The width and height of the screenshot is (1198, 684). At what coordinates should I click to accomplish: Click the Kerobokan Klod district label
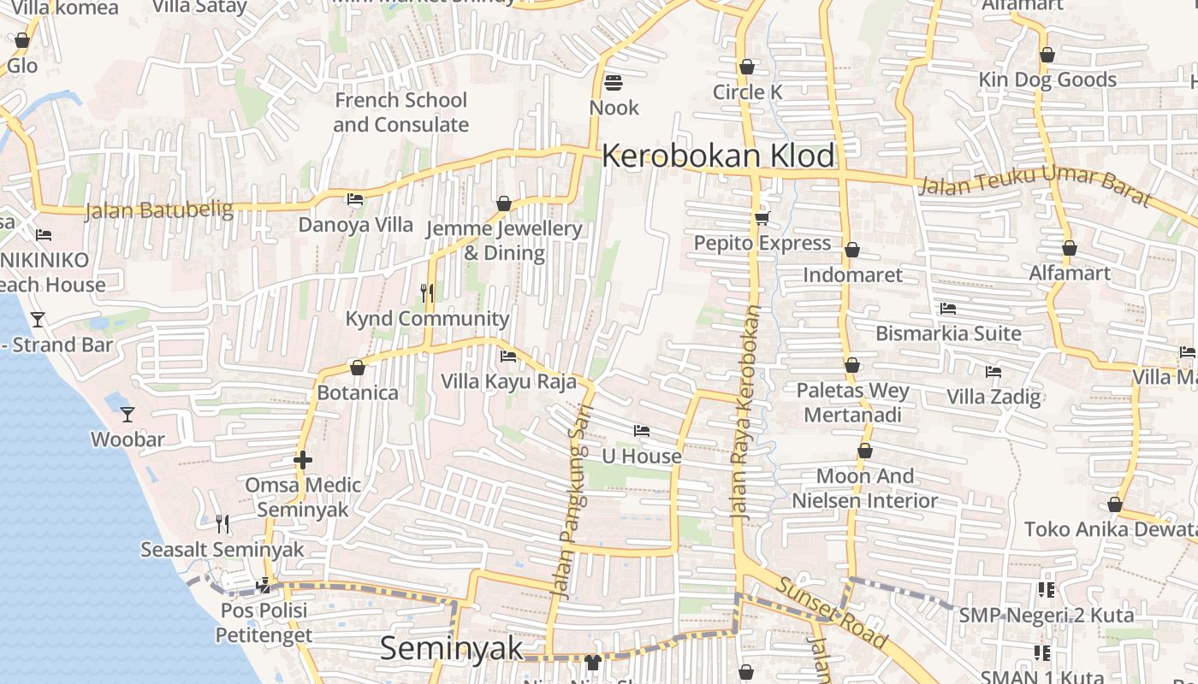click(718, 156)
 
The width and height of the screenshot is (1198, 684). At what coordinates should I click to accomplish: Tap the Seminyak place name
click(451, 648)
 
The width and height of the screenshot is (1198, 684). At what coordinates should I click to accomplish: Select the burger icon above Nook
click(613, 83)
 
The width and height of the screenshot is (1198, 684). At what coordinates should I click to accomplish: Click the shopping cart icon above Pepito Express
click(762, 218)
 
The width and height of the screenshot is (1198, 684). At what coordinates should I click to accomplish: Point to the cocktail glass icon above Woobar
click(128, 415)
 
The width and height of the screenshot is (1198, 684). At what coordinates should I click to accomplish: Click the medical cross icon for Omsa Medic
click(302, 460)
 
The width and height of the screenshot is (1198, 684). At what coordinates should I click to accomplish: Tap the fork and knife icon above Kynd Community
click(427, 293)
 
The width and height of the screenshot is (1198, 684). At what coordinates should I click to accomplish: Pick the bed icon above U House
click(642, 430)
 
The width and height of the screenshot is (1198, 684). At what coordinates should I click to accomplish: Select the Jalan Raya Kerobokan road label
click(744, 415)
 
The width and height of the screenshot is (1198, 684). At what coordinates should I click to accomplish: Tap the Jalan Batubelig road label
click(158, 210)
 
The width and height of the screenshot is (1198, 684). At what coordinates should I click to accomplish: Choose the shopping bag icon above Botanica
click(358, 368)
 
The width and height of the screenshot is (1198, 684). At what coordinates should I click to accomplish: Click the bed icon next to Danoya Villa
click(355, 199)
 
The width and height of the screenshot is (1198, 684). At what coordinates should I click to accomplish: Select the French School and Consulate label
click(400, 112)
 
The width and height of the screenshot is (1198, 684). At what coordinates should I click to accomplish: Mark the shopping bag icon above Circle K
click(747, 67)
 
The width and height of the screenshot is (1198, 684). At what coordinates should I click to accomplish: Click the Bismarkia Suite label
click(948, 333)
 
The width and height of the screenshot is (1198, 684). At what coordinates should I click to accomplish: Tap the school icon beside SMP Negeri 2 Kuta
click(1045, 589)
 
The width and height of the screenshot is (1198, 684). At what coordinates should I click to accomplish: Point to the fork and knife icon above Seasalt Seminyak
click(222, 522)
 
